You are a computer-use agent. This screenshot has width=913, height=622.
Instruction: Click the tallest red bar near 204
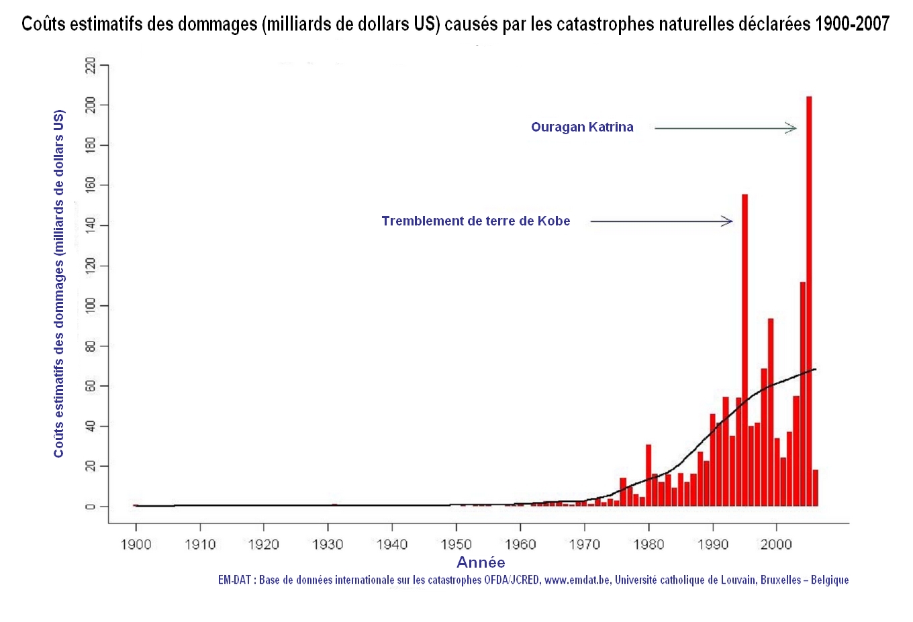click(x=809, y=302)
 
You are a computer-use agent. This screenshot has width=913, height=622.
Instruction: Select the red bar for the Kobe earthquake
click(x=744, y=349)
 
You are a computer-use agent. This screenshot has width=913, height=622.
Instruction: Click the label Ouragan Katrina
click(x=582, y=127)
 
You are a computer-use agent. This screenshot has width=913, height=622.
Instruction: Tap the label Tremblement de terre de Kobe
click(x=475, y=221)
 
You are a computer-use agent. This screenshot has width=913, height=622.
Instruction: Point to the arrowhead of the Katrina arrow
click(x=793, y=128)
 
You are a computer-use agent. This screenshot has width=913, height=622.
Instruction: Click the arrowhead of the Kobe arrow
click(x=728, y=221)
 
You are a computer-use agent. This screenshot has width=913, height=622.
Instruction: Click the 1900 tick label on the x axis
click(x=136, y=544)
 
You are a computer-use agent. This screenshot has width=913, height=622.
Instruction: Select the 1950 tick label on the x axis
click(x=456, y=544)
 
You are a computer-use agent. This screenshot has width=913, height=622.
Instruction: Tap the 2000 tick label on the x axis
click(x=776, y=544)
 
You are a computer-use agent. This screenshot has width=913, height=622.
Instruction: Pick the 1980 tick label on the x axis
click(x=648, y=544)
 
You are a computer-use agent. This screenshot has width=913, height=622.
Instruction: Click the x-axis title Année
click(x=481, y=562)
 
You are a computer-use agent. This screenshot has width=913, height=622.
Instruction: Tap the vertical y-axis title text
click(x=59, y=283)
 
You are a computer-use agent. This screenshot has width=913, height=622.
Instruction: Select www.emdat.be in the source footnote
click(x=577, y=580)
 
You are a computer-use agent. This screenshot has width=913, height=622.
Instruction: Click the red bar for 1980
click(x=648, y=475)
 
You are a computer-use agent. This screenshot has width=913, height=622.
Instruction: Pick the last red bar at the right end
click(x=816, y=488)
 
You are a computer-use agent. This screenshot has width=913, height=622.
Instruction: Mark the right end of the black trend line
click(x=815, y=369)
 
